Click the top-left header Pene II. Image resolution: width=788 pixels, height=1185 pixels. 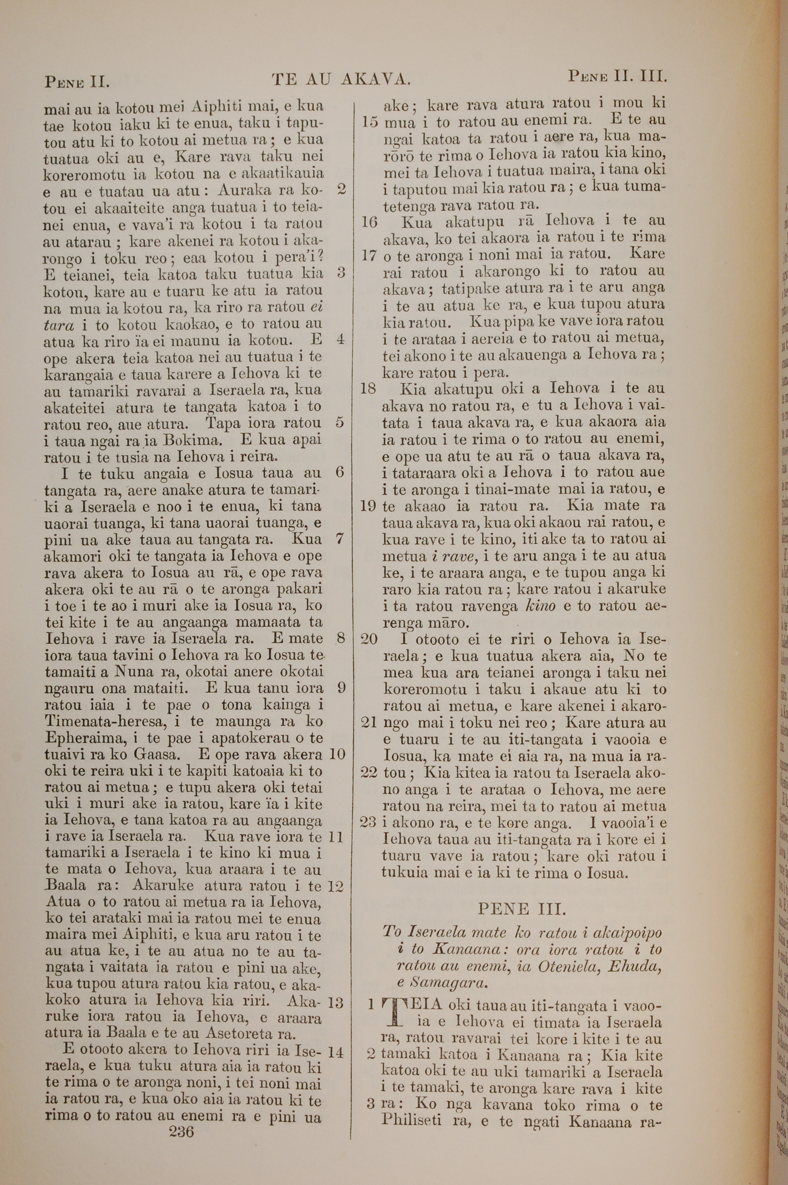(x=77, y=80)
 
